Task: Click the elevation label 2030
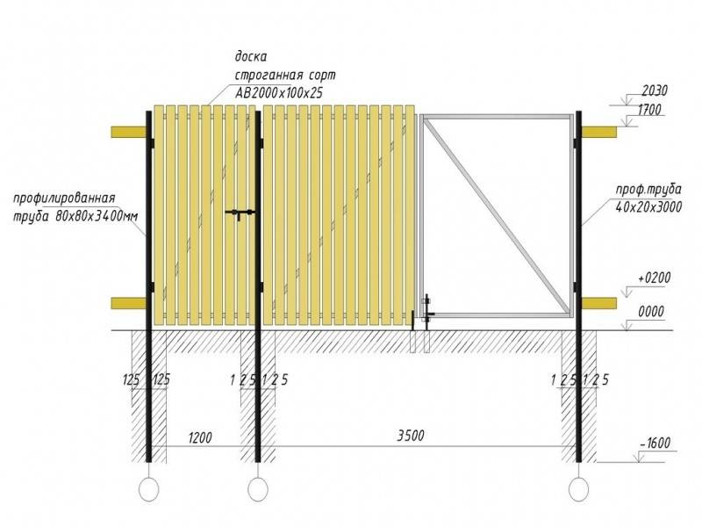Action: [x=655, y=91]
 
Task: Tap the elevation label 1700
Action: [x=648, y=110]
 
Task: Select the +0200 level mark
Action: [x=655, y=278]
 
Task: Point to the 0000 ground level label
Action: [x=651, y=312]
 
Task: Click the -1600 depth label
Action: [x=655, y=444]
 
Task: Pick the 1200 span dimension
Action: [x=200, y=437]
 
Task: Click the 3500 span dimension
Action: [x=411, y=436]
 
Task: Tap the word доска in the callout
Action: [x=251, y=57]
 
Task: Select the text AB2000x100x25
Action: [x=278, y=92]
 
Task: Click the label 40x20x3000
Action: [x=648, y=207]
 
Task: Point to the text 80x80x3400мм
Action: [x=97, y=216]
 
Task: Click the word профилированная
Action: [x=64, y=199]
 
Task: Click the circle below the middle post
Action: [x=258, y=489]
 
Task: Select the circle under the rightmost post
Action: [x=578, y=489]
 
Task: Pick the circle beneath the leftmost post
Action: [x=148, y=489]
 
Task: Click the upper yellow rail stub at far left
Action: [x=129, y=132]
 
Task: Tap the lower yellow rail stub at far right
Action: [x=599, y=303]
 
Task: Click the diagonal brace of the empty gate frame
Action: [x=498, y=215]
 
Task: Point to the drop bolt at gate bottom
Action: [x=426, y=313]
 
